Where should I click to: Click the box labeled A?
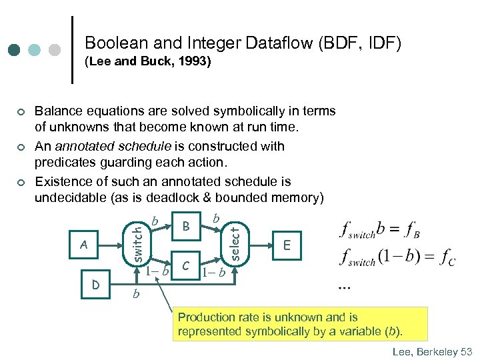pyautogui.click(x=83, y=244)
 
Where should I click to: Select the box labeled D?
pyautogui.click(x=96, y=285)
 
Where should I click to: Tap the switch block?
pyautogui.click(x=136, y=243)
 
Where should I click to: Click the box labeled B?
pyautogui.click(x=187, y=227)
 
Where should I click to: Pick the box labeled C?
pyautogui.click(x=187, y=265)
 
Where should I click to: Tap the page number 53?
pyautogui.click(x=465, y=351)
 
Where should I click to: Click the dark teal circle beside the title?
pyautogui.click(x=14, y=50)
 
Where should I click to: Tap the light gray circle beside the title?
pyautogui.click(x=55, y=50)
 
